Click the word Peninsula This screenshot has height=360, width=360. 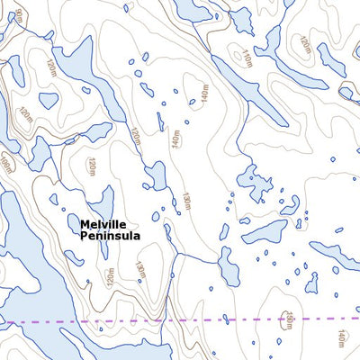(x=110, y=237)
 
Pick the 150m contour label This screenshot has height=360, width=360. (x=290, y=319)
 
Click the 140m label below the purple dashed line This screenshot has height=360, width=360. (x=340, y=338)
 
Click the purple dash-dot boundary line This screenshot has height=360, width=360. (x=225, y=319)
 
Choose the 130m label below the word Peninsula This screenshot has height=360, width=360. (x=139, y=269)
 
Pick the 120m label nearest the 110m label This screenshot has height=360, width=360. (x=304, y=45)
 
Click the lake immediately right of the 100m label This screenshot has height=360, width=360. (x=36, y=155)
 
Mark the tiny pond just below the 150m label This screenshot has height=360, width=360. (x=279, y=341)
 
